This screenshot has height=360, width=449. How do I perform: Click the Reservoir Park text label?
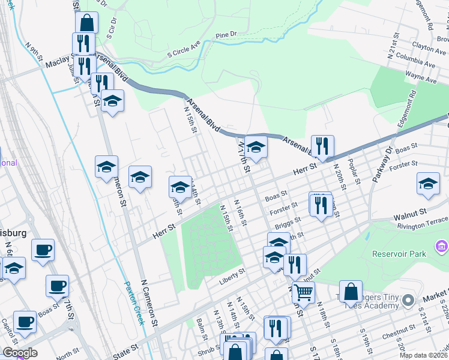399,254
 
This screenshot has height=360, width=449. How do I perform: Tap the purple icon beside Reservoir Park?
442,245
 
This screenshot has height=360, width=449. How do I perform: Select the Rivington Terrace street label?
423,226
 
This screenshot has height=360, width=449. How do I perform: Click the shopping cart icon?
304,293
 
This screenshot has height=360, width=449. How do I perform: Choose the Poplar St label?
355,172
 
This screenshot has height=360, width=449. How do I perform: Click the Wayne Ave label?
420,77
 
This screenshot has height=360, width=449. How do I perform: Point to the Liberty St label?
232,272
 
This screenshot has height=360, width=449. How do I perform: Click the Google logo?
20,353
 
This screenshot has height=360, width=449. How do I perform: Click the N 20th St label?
340,178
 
